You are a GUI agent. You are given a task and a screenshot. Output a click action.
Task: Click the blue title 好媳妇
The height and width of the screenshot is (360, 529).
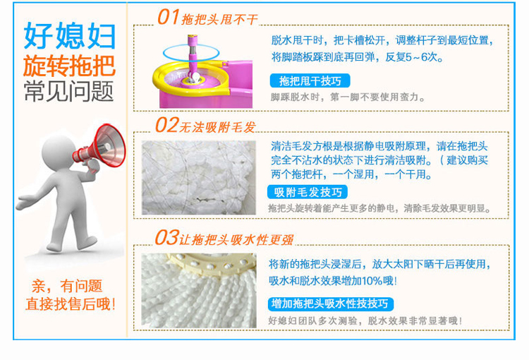(70, 36)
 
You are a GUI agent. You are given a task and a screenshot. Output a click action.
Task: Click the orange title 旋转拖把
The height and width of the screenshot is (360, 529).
(70, 66)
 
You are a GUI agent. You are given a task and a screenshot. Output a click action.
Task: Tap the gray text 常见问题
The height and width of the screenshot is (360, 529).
(69, 91)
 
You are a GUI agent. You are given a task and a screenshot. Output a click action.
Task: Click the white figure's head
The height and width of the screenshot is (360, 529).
(59, 152)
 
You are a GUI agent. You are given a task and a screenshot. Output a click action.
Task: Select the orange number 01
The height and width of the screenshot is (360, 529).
(168, 17)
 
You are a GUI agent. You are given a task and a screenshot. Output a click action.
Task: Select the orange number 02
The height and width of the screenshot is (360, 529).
(166, 125)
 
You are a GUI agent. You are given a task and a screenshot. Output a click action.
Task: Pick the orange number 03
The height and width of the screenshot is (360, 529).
(166, 237)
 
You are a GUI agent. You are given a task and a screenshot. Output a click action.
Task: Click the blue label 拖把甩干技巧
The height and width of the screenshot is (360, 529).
(310, 80)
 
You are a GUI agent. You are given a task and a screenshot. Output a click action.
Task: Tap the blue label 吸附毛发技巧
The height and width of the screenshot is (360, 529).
(308, 192)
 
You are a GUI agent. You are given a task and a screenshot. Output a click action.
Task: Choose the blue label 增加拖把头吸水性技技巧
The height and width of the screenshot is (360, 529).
(331, 304)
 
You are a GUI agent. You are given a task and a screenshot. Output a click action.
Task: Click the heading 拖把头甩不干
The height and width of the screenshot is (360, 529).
(219, 20)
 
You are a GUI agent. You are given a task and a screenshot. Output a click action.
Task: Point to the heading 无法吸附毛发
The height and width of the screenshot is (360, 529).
(217, 127)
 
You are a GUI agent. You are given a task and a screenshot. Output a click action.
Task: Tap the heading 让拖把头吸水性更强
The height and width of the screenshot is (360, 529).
(236, 240)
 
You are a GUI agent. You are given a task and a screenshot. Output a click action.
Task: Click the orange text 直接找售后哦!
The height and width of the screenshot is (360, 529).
(70, 304)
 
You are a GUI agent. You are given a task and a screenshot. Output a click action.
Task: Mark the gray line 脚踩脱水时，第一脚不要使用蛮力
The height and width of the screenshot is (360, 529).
(348, 97)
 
